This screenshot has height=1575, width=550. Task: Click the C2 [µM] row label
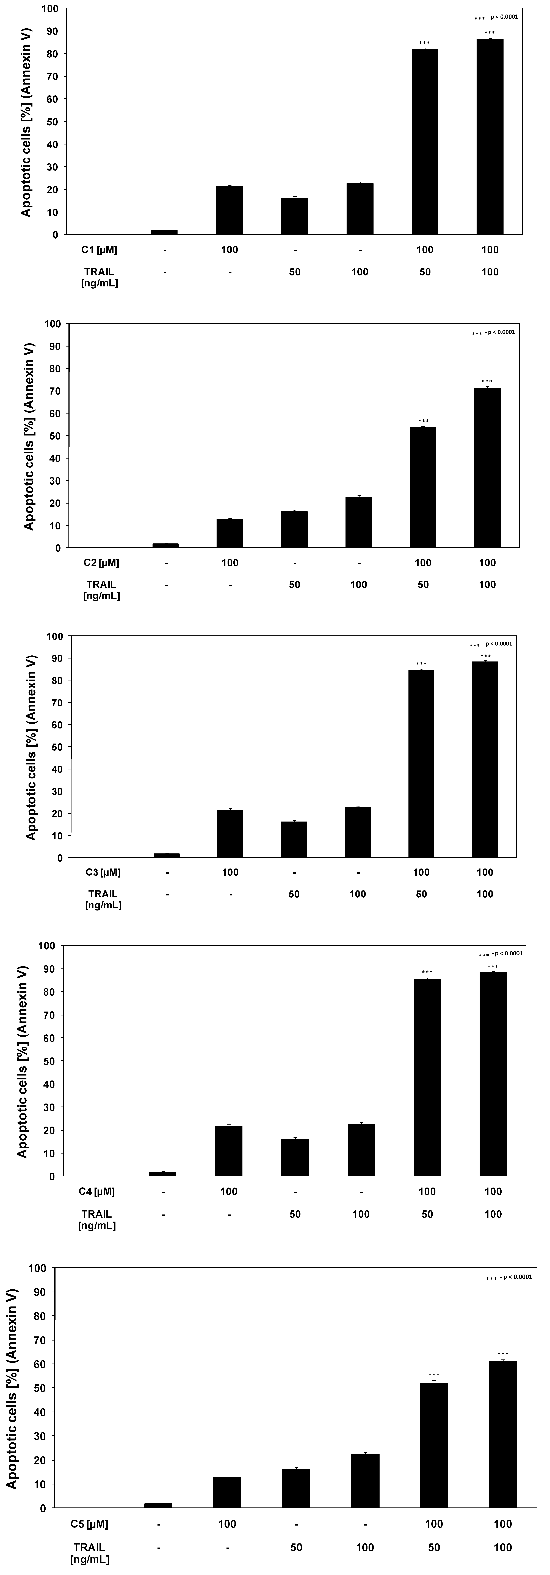102,563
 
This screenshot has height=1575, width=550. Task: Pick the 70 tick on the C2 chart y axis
56,391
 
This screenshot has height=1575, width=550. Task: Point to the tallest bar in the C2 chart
487,468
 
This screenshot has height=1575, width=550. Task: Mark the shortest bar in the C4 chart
163,1173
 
